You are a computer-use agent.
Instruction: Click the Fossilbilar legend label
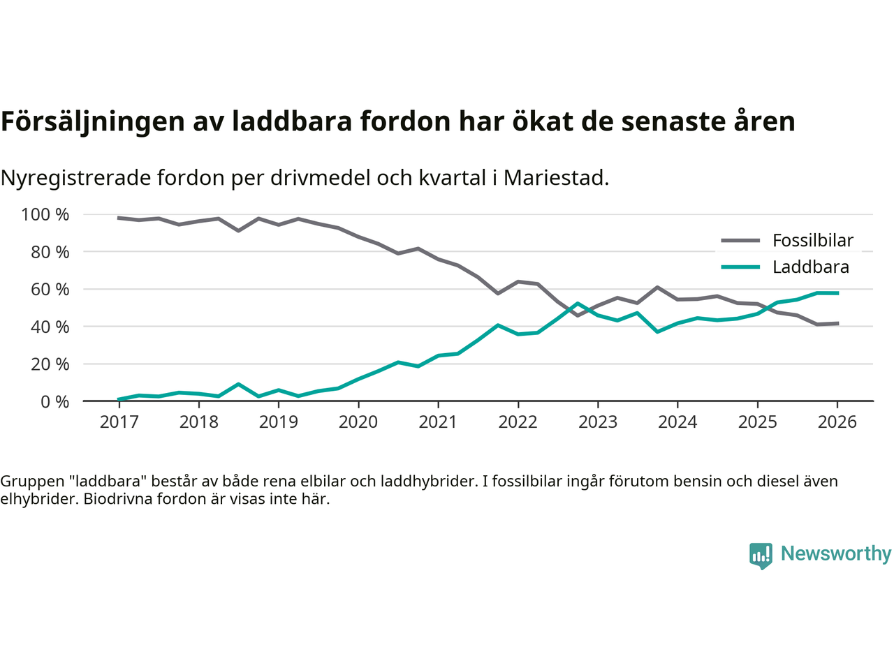(812, 241)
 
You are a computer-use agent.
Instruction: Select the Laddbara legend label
(810, 267)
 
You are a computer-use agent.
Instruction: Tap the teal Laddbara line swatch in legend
(740, 267)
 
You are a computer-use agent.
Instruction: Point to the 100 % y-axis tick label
(45, 215)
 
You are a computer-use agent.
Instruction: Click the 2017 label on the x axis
(119, 422)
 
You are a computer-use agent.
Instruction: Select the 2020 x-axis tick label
(358, 422)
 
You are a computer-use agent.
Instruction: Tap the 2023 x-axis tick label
(598, 422)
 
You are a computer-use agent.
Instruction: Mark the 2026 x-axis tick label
(837, 422)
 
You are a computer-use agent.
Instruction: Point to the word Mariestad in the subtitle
(555, 178)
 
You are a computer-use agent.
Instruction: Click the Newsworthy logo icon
(761, 556)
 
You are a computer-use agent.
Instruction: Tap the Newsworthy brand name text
(835, 553)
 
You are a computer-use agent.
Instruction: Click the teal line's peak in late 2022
(578, 304)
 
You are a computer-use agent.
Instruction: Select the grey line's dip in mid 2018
(239, 230)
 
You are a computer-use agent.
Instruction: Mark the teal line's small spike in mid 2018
(239, 384)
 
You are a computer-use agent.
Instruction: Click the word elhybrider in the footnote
(38, 499)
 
